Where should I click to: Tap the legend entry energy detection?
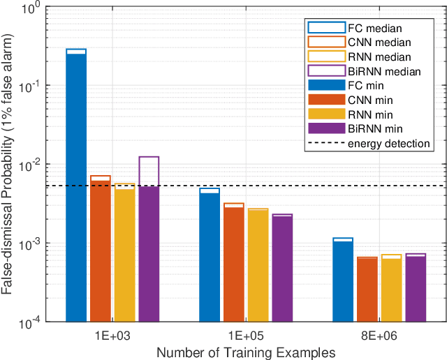tap(388, 143)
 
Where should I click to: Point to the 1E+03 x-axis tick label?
tap(112, 336)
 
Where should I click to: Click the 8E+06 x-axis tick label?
tap(379, 336)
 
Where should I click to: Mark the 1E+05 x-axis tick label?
tap(246, 336)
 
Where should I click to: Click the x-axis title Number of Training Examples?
tap(246, 352)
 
